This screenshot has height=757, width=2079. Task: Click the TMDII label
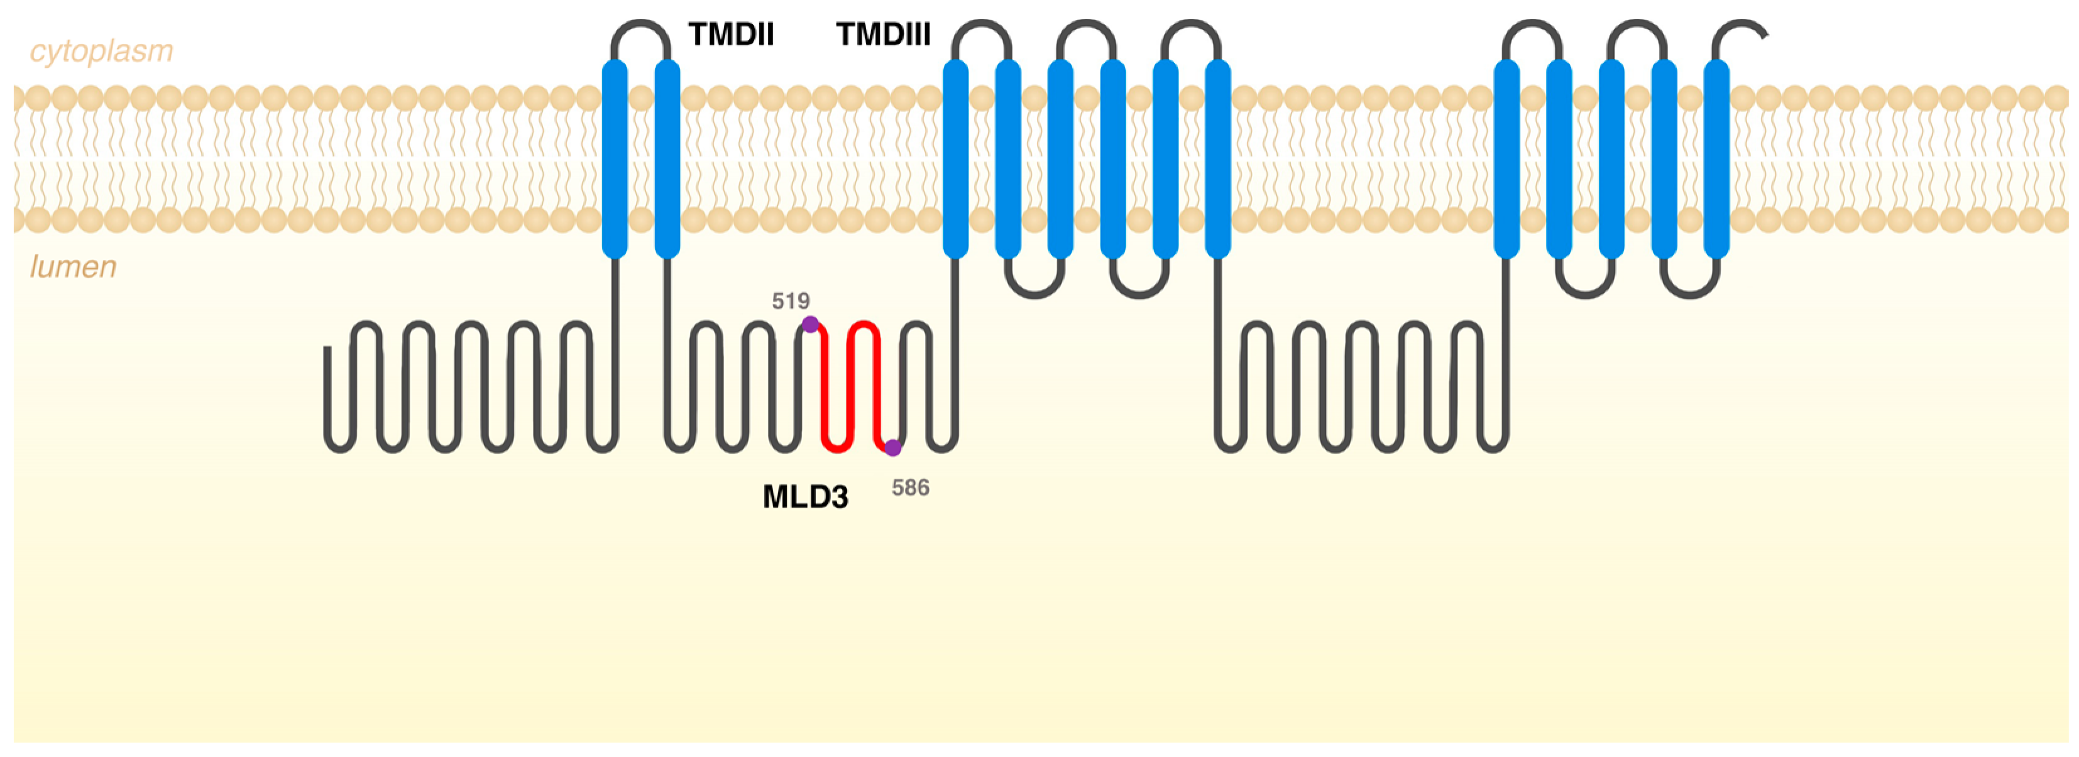click(x=730, y=35)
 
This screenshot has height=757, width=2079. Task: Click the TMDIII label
click(x=883, y=35)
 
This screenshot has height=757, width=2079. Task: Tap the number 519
click(x=790, y=301)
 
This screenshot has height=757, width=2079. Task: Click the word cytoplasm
click(x=102, y=51)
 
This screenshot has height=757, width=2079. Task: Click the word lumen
click(x=74, y=266)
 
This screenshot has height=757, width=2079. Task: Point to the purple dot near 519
click(x=809, y=324)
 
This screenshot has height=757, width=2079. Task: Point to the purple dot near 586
click(x=892, y=447)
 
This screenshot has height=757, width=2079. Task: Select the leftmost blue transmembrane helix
click(x=615, y=158)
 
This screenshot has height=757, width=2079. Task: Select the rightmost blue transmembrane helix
click(x=1716, y=158)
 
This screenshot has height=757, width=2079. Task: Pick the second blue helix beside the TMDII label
click(x=667, y=158)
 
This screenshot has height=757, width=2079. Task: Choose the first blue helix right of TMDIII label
click(x=955, y=158)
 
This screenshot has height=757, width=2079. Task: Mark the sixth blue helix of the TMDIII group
click(x=1217, y=158)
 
